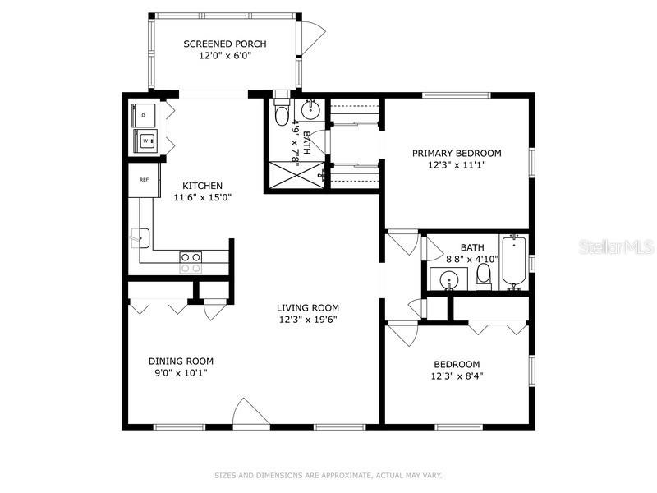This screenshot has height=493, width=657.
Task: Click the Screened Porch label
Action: tap(225, 44)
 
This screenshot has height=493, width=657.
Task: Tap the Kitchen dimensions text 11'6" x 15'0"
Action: tap(203, 197)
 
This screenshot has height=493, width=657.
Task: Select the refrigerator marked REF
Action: tap(144, 180)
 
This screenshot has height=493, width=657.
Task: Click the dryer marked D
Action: tap(143, 115)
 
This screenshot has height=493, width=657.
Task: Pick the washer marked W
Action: tap(145, 141)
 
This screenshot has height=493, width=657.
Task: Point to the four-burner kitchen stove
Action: tap(191, 262)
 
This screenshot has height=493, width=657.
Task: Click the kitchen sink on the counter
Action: tap(140, 238)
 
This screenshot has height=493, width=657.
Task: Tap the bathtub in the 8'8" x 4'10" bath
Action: tap(514, 262)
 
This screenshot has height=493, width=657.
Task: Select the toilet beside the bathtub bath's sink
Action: tap(484, 277)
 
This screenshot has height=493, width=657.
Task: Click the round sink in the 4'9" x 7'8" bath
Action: tap(310, 110)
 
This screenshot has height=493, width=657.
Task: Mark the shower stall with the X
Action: tap(296, 175)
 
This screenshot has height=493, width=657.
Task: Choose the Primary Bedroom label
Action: tap(457, 153)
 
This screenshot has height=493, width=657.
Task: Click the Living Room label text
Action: tap(308, 307)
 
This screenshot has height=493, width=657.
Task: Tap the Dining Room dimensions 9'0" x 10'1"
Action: tap(181, 373)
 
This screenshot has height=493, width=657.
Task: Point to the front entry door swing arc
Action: tap(250, 411)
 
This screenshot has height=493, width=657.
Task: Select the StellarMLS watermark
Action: tap(616, 247)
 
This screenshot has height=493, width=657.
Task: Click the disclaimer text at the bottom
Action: tap(328, 476)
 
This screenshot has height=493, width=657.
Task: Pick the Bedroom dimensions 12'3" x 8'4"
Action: tap(457, 376)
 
